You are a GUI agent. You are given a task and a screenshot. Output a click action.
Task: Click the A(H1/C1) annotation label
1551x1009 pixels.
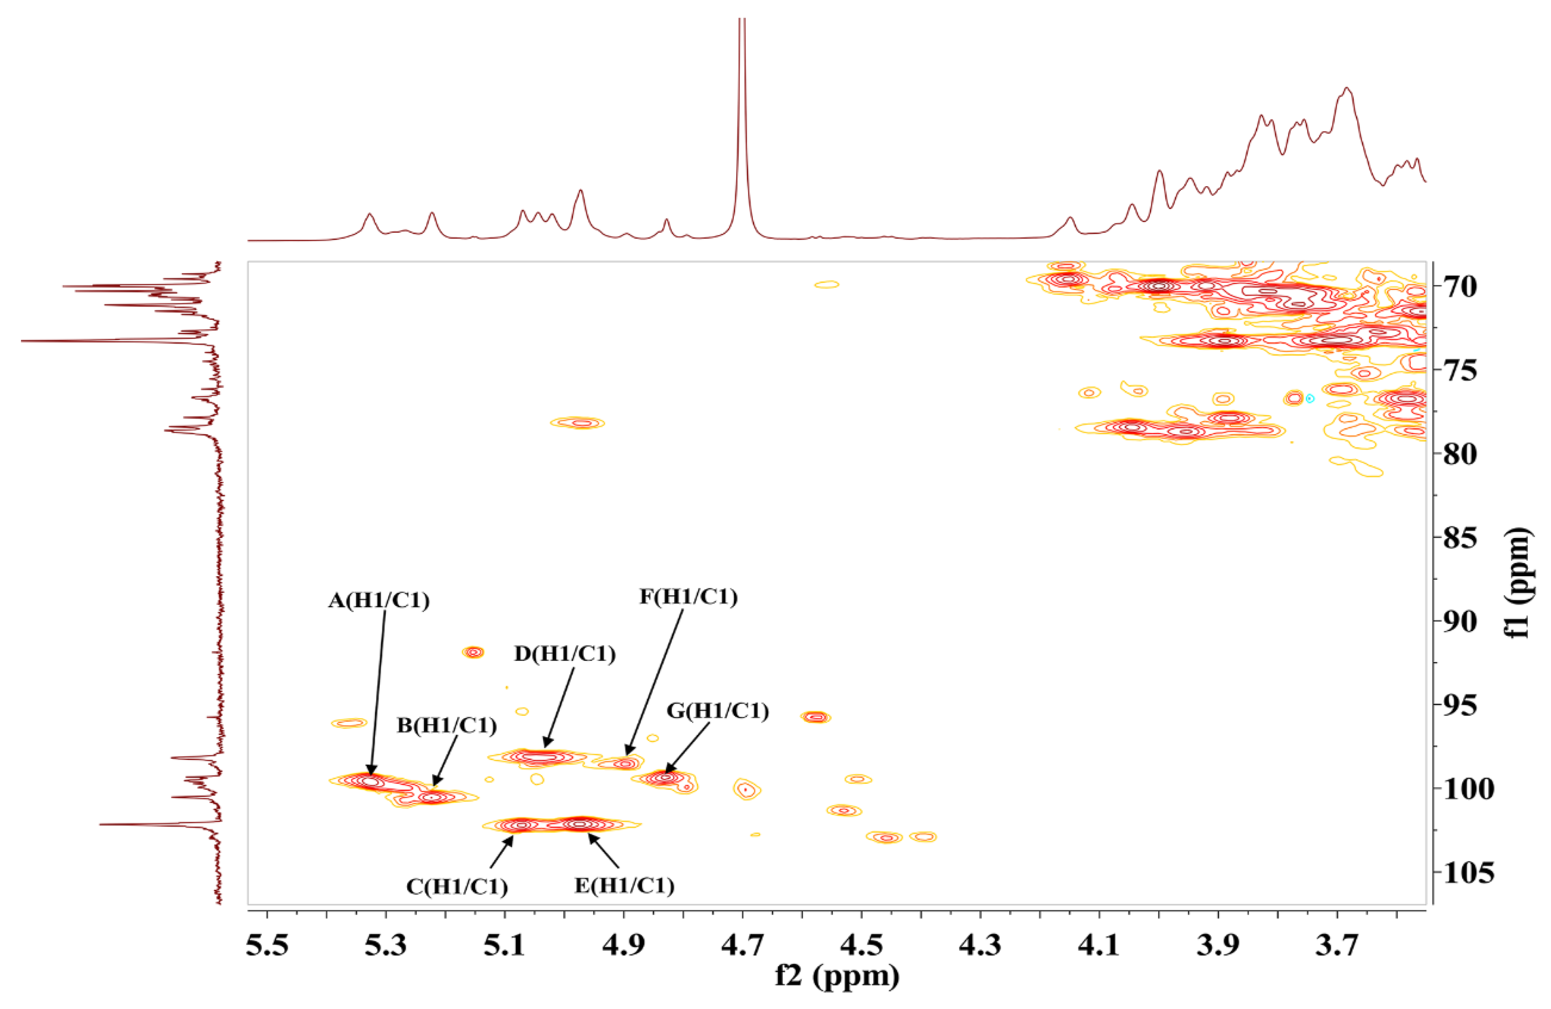tap(379, 600)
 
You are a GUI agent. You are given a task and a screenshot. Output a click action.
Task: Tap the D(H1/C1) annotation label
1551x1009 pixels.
tap(564, 654)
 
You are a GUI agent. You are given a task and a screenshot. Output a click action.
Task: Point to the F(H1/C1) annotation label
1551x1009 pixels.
tap(688, 596)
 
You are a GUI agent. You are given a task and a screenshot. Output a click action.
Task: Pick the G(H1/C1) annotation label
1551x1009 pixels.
tap(718, 711)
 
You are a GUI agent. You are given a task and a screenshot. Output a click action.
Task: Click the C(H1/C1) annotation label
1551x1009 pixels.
tap(457, 887)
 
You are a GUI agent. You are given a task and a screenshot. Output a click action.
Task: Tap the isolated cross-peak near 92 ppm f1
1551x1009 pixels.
tap(474, 652)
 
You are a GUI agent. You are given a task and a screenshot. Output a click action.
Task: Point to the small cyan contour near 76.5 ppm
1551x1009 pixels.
tap(1310, 398)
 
